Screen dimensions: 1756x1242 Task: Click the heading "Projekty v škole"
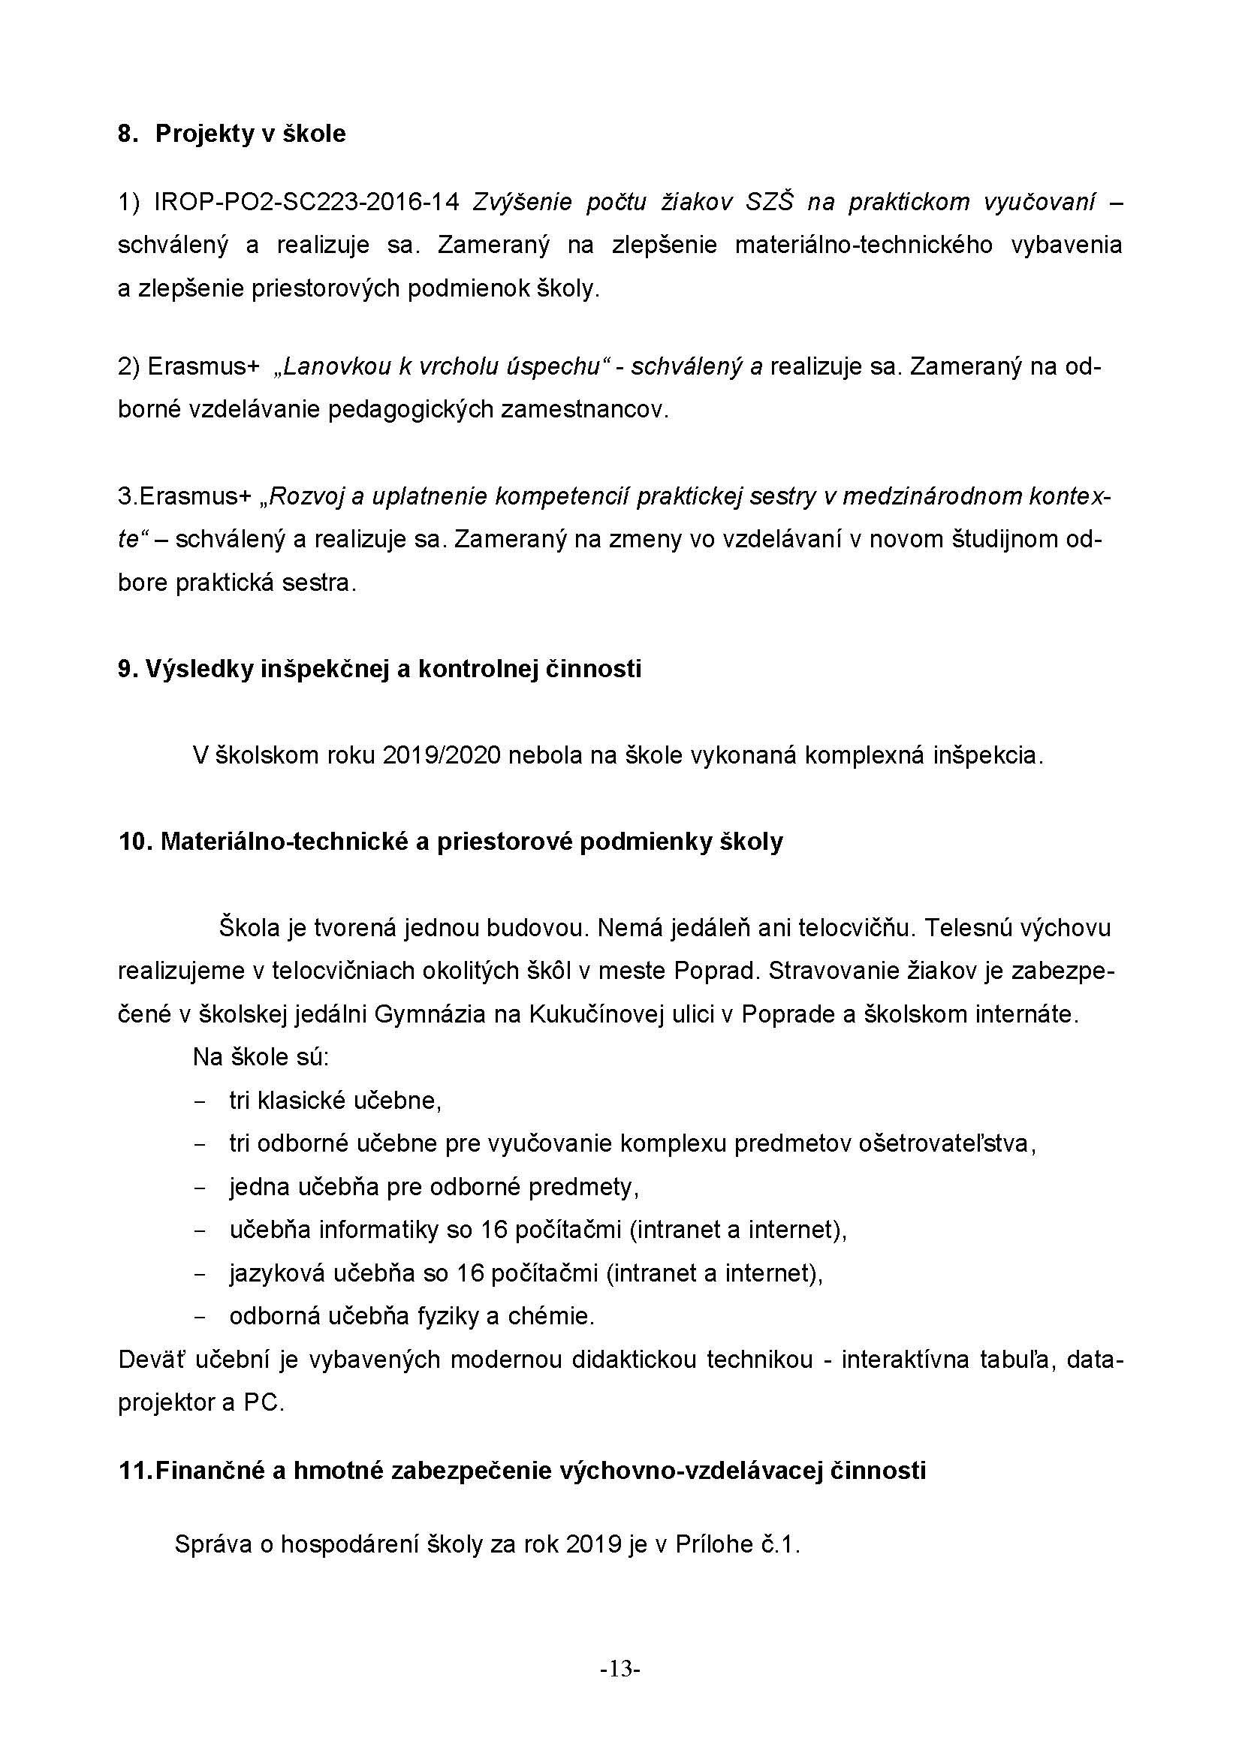(x=250, y=134)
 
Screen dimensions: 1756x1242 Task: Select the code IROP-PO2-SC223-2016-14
(x=306, y=202)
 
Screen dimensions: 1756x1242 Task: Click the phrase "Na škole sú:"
(x=261, y=1057)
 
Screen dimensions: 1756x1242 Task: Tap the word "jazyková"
(x=278, y=1273)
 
